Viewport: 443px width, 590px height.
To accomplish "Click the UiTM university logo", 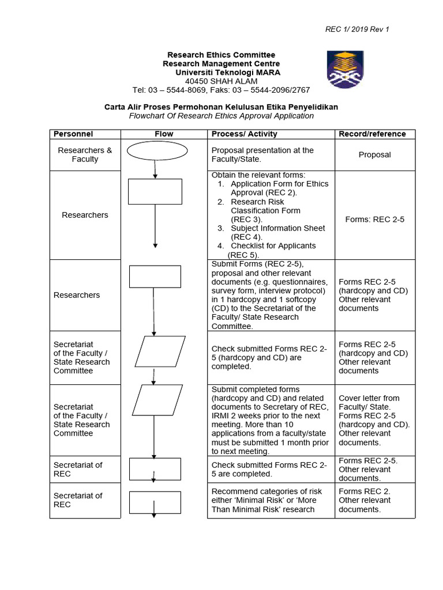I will (x=345, y=69).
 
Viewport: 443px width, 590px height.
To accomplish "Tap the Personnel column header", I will (x=73, y=134).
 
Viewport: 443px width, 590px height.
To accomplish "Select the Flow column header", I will (x=164, y=134).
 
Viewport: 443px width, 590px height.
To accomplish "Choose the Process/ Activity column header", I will (x=244, y=134).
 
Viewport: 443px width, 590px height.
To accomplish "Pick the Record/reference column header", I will (x=372, y=134).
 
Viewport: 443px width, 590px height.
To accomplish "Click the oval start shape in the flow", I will (x=157, y=151).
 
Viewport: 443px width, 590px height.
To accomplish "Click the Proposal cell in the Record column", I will (x=374, y=154).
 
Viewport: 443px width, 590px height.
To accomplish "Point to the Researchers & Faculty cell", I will (x=85, y=154).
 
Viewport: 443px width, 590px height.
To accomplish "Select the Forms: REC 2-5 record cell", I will (x=374, y=219).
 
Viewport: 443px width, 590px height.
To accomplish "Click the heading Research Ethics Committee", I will (x=221, y=55).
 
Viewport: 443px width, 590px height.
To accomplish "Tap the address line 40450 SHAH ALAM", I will (x=221, y=81).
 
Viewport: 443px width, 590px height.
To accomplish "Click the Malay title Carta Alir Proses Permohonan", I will (x=221, y=107).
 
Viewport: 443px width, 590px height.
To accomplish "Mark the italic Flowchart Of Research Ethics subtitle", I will (x=221, y=116).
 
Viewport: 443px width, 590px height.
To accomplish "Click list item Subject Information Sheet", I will (x=277, y=228).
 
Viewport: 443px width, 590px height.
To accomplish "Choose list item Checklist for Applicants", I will (x=273, y=245).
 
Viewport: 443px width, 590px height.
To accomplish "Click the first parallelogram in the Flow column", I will (x=163, y=351).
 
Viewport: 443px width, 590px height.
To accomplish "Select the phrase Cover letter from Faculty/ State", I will (x=369, y=402).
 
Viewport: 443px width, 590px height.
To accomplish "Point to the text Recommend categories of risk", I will (x=266, y=491).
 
